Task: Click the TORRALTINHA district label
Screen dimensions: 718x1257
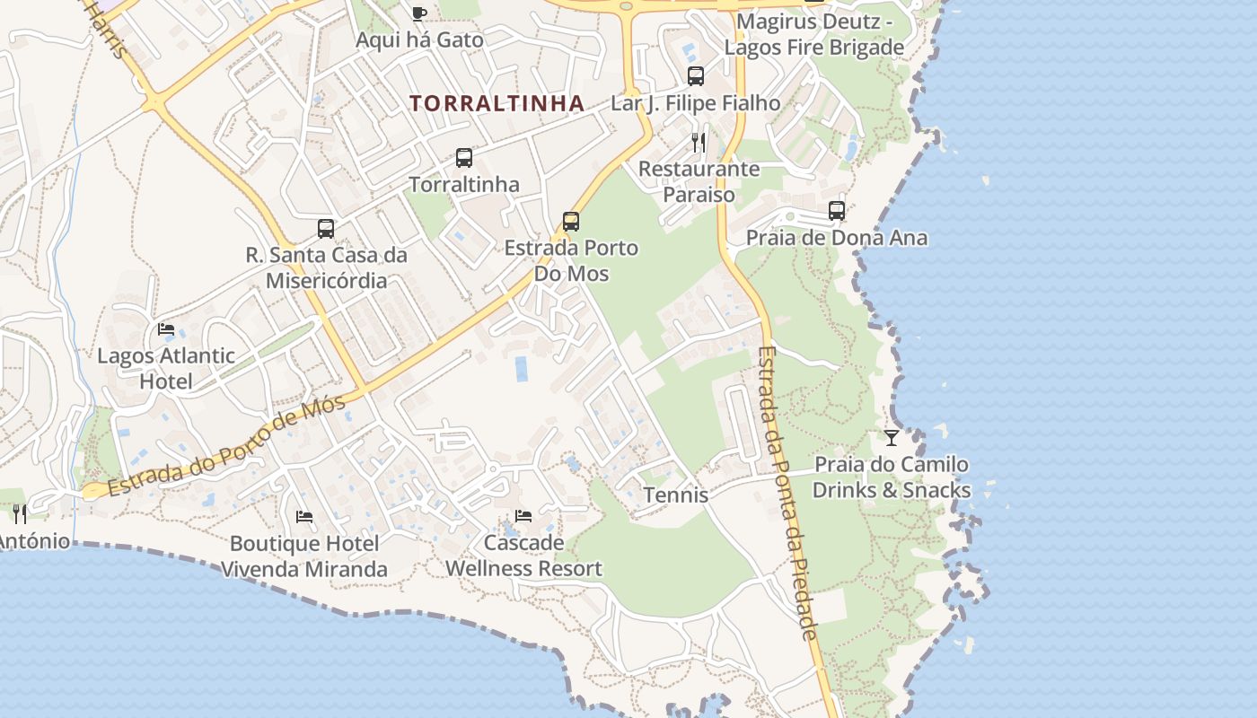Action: [x=497, y=103]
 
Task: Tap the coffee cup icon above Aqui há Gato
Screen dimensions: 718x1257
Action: [x=418, y=13]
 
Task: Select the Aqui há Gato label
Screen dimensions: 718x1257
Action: [x=419, y=40]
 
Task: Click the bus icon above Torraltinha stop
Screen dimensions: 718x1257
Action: [x=463, y=158]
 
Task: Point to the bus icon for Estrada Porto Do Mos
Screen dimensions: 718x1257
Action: [x=570, y=221]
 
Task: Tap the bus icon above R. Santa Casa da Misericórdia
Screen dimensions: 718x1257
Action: [x=326, y=229]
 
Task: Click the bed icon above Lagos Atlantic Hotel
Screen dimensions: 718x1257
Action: [x=166, y=329]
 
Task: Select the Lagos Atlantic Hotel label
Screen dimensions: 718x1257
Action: [x=166, y=368]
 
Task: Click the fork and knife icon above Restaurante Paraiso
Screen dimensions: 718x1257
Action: [x=699, y=142]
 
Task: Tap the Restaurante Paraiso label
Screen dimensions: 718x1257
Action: [x=699, y=181]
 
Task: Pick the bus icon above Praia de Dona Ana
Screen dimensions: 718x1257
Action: [x=837, y=211]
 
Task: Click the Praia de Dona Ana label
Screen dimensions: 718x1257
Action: [x=837, y=238]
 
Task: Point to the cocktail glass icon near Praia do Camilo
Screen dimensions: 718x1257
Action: [x=892, y=438]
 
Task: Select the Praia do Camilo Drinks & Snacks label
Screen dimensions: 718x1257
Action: [x=892, y=477]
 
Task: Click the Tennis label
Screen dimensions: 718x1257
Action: [x=676, y=495]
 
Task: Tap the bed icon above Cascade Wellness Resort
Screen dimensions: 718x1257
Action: [x=523, y=516]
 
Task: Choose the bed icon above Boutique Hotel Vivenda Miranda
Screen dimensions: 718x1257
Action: [x=304, y=517]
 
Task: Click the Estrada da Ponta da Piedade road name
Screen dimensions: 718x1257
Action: [x=787, y=494]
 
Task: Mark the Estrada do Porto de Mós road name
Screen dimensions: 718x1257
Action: [x=226, y=447]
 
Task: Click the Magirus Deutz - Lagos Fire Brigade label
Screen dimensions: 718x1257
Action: [x=814, y=34]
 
